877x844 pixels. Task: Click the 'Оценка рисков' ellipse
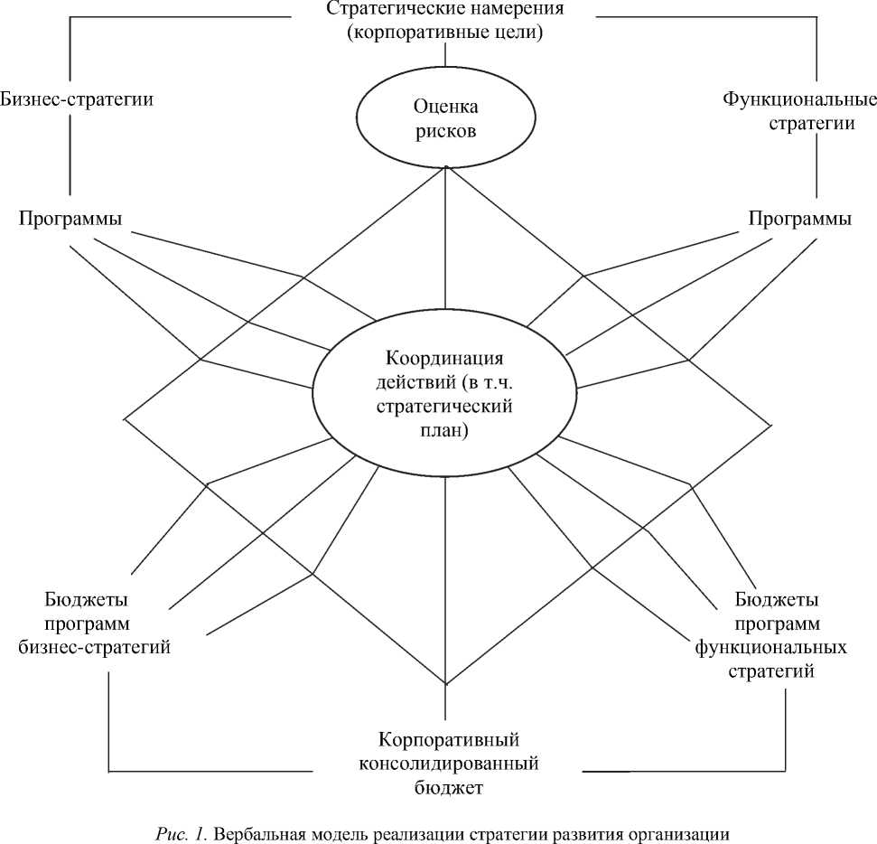tap(445, 118)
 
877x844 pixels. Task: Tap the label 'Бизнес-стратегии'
tap(77, 99)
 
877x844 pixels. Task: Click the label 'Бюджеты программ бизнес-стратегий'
tap(95, 624)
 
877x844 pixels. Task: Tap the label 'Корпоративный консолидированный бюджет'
tap(446, 764)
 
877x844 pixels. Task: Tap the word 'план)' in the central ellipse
tap(445, 431)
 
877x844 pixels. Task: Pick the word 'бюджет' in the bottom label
tap(446, 788)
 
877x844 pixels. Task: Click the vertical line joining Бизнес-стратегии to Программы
tap(70, 158)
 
